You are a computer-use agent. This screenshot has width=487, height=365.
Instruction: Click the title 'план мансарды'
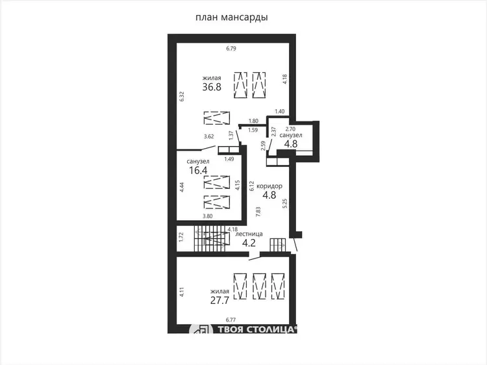click(232, 17)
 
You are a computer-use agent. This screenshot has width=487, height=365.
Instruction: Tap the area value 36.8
click(212, 87)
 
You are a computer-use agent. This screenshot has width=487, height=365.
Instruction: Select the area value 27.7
click(219, 301)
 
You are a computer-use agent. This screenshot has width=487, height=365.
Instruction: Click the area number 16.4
click(199, 170)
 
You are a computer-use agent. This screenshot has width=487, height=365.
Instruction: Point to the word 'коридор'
click(269, 186)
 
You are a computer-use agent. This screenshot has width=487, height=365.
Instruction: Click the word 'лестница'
click(249, 234)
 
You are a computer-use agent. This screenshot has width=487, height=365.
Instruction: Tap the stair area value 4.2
click(249, 243)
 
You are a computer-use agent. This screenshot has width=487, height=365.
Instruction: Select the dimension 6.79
click(231, 49)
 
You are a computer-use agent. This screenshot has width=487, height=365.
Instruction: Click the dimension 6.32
click(182, 96)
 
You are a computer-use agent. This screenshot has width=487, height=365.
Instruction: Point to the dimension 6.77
click(231, 320)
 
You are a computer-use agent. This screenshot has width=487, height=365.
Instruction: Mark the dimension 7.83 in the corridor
click(258, 212)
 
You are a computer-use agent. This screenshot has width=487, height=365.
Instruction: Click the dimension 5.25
click(285, 203)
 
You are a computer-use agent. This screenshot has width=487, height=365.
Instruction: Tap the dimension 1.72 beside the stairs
click(182, 237)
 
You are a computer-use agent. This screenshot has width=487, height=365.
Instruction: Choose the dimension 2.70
click(290, 129)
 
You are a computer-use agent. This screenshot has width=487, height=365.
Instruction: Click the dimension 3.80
click(208, 216)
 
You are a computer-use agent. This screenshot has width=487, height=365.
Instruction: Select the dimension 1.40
click(279, 112)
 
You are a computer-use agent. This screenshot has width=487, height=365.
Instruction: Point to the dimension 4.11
click(182, 292)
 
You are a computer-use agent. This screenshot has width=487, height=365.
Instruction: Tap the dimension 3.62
click(208, 136)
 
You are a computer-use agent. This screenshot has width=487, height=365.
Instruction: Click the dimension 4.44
click(182, 187)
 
